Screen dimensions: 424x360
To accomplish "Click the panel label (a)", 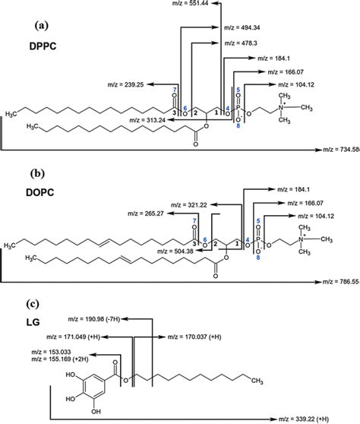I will (x=42, y=25).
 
